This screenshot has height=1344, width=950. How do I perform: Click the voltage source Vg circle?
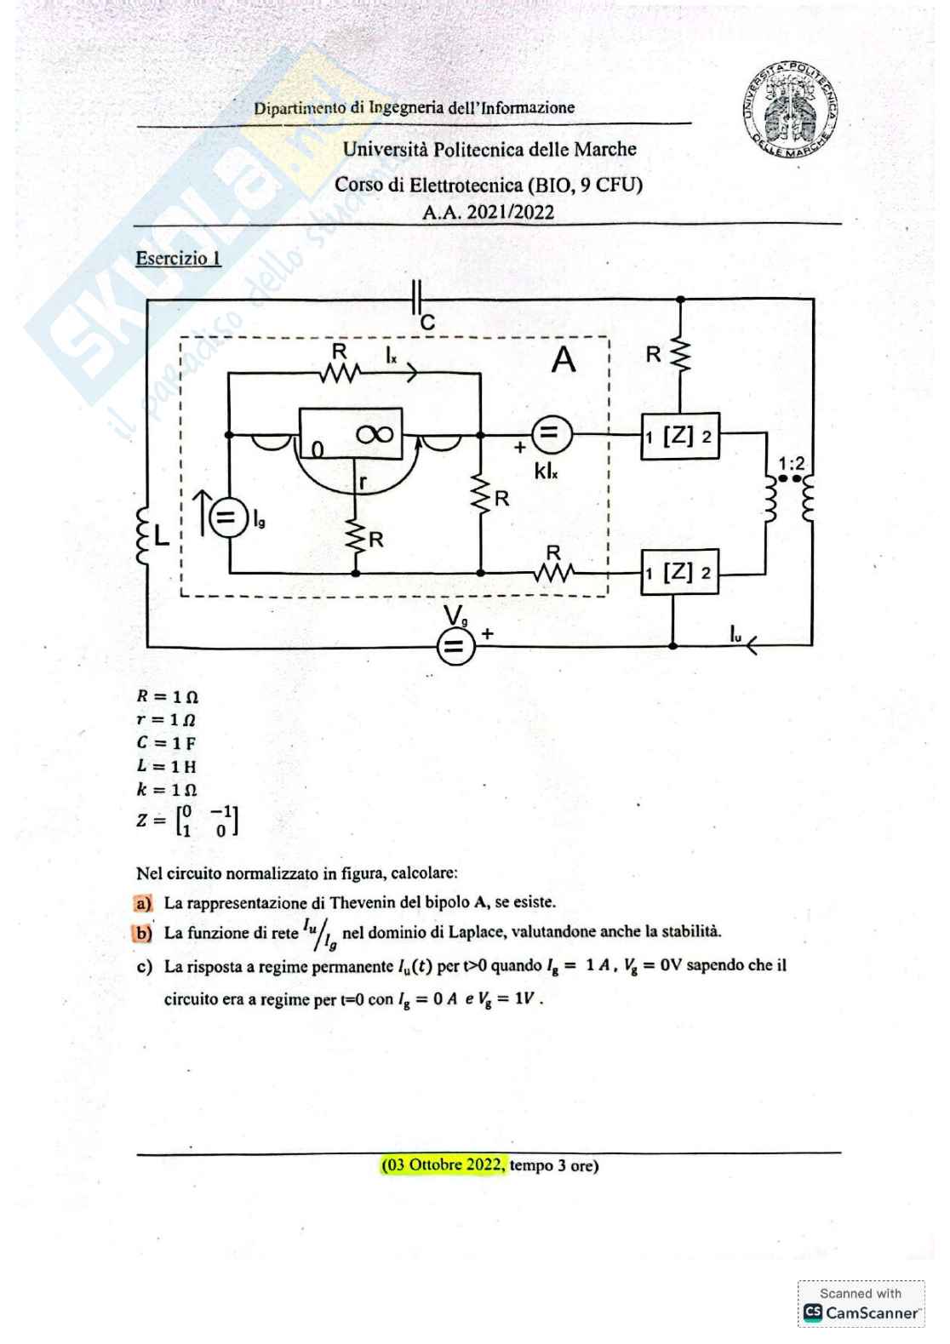pyautogui.click(x=455, y=647)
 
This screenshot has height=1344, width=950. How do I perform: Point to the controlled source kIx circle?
pyautogui.click(x=551, y=435)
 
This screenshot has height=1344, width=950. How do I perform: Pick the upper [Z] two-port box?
pyautogui.click(x=679, y=436)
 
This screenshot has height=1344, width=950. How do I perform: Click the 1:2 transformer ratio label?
pyautogui.click(x=792, y=463)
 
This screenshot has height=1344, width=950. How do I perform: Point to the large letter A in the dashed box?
pyautogui.click(x=563, y=361)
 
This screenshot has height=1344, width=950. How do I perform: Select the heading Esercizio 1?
pyautogui.click(x=178, y=258)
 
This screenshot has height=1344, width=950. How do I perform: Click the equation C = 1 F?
pyautogui.click(x=167, y=743)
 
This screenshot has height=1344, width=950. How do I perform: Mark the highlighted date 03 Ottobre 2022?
pyautogui.click(x=444, y=1164)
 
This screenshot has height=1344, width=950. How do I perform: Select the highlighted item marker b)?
pyautogui.click(x=143, y=933)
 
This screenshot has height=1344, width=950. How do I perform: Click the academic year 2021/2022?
pyautogui.click(x=488, y=212)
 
